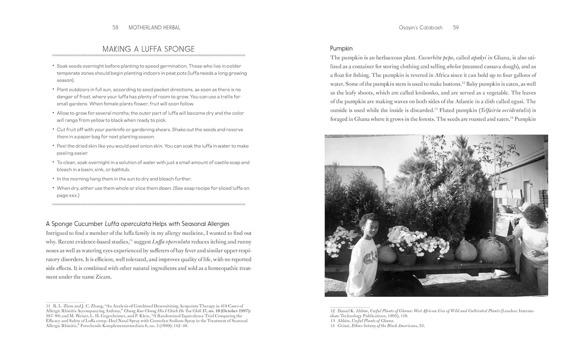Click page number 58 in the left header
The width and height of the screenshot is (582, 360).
(115, 28)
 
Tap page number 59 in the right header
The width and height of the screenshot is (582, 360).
(456, 28)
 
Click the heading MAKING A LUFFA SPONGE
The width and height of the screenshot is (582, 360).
(148, 49)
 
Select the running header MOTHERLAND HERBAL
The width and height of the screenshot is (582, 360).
(154, 28)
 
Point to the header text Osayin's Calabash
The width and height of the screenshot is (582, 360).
(420, 28)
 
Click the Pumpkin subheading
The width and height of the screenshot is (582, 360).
(341, 48)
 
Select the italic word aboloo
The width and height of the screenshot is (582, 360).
(454, 66)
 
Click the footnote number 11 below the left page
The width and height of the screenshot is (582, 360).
(48, 306)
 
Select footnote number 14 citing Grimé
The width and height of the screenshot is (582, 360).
(333, 326)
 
